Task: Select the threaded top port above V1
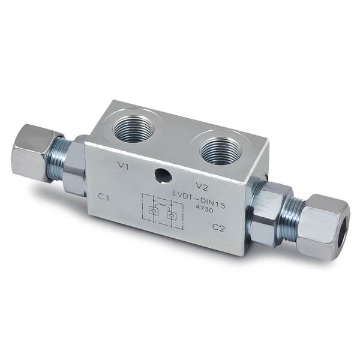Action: pos(133,128)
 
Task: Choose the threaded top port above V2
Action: pos(220,150)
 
